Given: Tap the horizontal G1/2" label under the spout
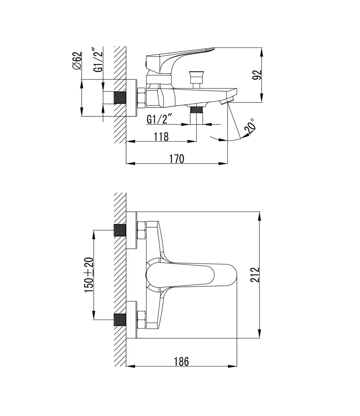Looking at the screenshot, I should coord(159,119).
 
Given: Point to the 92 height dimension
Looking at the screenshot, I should coord(257,75).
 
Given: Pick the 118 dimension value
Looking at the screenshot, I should coord(161,136).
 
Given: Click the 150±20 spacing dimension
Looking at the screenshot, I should coord(89,275).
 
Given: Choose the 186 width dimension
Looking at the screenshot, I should coord(181,361).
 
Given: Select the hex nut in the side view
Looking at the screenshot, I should coord(141,98).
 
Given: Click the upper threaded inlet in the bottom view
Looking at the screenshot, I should coord(120,231).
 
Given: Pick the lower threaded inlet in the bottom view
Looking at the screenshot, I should coord(120,320).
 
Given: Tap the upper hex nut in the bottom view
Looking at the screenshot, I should coord(141,231).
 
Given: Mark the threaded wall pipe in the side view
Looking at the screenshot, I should coord(120,98).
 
